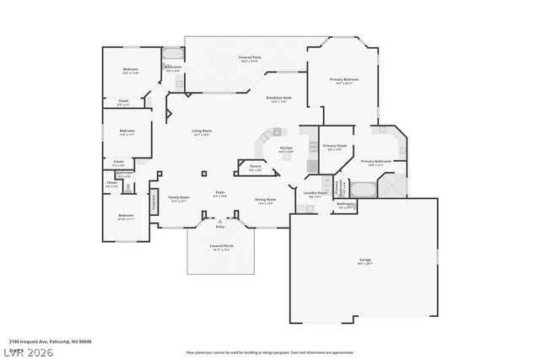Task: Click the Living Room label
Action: tap(201, 132)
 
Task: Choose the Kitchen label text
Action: tap(286, 148)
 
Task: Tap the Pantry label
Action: tap(255, 167)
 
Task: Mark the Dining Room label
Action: tap(266, 201)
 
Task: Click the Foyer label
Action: tap(219, 193)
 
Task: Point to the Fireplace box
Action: tap(154, 201)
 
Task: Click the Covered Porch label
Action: tap(222, 247)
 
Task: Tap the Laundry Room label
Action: tap(314, 194)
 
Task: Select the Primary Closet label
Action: tap(334, 147)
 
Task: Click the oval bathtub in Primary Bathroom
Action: tap(364, 188)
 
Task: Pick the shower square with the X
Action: tap(391, 186)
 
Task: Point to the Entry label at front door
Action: tap(219, 226)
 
